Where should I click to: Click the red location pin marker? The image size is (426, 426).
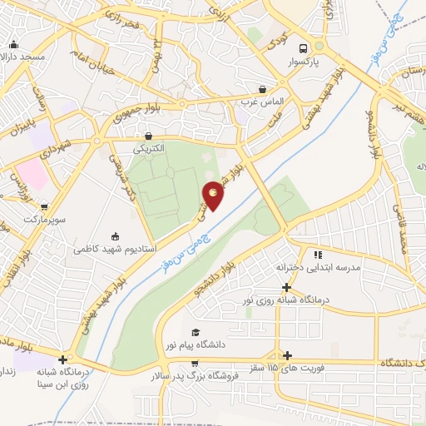tap(214, 196)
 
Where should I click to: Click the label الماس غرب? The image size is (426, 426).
tap(263, 102)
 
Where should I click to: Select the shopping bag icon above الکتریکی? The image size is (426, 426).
tap(149, 136)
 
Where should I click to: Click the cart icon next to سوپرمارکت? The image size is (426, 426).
tap(44, 206)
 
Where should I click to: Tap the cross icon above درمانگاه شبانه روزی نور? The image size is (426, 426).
tap(287, 286)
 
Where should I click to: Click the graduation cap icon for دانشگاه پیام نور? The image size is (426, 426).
tap(195, 331)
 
